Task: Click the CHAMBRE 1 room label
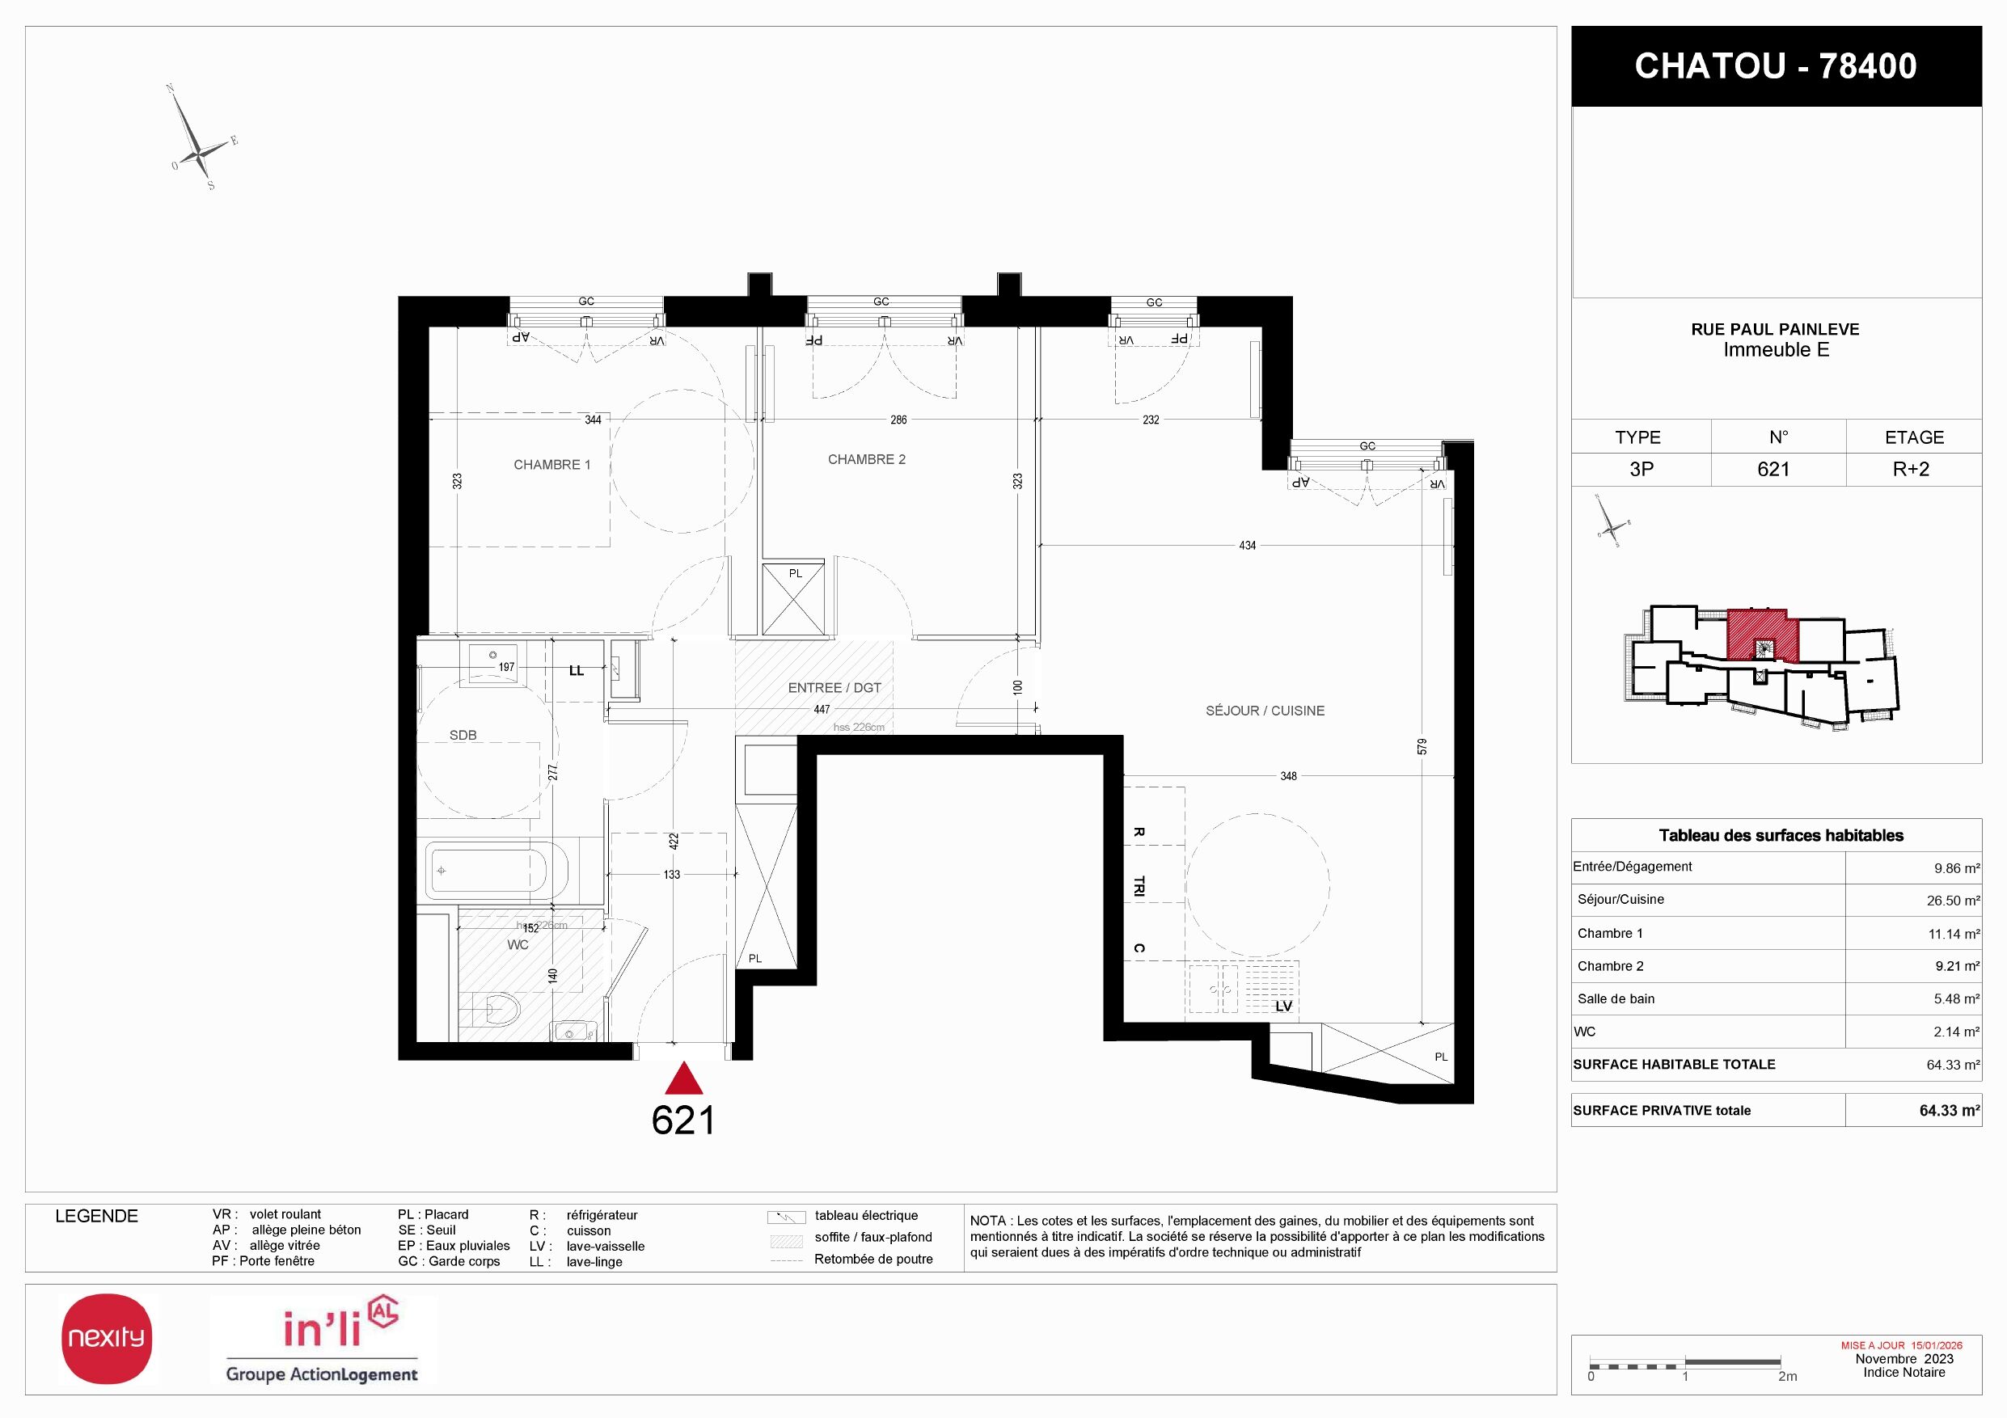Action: [x=551, y=465]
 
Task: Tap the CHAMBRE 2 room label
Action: [x=866, y=459]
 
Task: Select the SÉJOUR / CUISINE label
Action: [x=1265, y=711]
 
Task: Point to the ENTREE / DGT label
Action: [x=834, y=689]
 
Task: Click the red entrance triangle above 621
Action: [x=683, y=1079]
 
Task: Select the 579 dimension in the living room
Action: [x=1422, y=747]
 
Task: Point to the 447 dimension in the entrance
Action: [x=822, y=710]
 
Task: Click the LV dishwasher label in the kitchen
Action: [x=1283, y=1007]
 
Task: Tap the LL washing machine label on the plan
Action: [x=576, y=671]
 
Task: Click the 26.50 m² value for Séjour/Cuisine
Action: [x=1953, y=901]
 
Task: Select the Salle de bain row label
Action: [x=1616, y=998]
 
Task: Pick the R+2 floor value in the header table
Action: [x=1911, y=469]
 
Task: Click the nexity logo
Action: [x=107, y=1339]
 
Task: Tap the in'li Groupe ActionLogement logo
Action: [x=323, y=1340]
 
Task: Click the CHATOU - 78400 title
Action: [x=1776, y=66]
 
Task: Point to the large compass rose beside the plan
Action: [x=201, y=137]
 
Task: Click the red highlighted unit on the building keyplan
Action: [x=1761, y=635]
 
